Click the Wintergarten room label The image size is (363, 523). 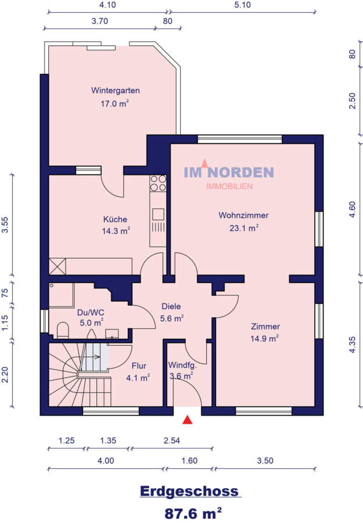pyautogui.click(x=116, y=91)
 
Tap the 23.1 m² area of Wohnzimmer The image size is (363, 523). pyautogui.click(x=244, y=228)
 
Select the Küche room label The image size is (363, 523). pyautogui.click(x=115, y=219)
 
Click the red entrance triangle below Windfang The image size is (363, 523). pyautogui.click(x=188, y=420)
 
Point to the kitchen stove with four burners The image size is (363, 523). pyautogui.click(x=158, y=183)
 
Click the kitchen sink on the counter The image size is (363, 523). pyautogui.click(x=159, y=214)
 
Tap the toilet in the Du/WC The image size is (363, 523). pyautogui.click(x=63, y=330)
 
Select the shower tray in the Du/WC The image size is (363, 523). pyautogui.click(x=62, y=295)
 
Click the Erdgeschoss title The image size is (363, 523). pyautogui.click(x=189, y=491)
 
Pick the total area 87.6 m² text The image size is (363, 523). pyautogui.click(x=193, y=513)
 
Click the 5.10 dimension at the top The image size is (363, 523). pyautogui.click(x=242, y=5)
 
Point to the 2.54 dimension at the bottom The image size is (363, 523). pyautogui.click(x=172, y=440)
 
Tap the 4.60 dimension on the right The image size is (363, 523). pyautogui.click(x=353, y=209)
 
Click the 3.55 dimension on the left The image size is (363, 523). pyautogui.click(x=5, y=225)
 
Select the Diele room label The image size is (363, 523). pyautogui.click(x=171, y=306)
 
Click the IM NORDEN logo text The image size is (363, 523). pyautogui.click(x=229, y=172)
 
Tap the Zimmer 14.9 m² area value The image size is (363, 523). pyautogui.click(x=265, y=339)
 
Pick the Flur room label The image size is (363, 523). pyautogui.click(x=139, y=366)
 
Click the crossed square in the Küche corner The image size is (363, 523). pyautogui.click(x=57, y=267)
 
